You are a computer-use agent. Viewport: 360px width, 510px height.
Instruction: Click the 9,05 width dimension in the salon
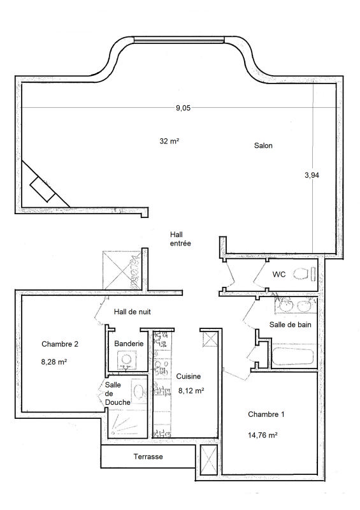183,108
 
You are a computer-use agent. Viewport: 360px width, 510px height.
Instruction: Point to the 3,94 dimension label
312,175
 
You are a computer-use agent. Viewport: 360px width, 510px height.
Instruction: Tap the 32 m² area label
169,141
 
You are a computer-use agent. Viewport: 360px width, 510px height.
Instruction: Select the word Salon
263,145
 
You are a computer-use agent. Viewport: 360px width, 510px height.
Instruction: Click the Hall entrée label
180,238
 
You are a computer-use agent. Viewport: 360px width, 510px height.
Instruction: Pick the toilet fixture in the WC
305,273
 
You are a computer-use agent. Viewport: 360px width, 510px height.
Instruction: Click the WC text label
278,274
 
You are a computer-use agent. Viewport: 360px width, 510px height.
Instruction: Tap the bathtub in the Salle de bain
292,356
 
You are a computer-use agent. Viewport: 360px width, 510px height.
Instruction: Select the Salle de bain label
290,324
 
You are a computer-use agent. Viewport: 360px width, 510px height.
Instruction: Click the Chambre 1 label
266,414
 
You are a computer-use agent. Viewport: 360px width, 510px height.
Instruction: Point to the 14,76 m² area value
263,435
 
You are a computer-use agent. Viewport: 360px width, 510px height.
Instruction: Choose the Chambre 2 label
60,344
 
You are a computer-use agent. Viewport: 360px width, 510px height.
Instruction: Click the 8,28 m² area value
54,361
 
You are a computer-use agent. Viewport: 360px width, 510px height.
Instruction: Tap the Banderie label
129,343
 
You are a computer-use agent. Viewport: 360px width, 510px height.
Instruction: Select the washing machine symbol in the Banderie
126,360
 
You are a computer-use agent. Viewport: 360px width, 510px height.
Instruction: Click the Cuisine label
189,376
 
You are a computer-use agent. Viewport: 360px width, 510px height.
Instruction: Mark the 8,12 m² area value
191,391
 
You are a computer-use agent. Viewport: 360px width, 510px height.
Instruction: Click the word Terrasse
148,456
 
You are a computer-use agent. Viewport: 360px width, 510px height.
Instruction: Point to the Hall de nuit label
133,312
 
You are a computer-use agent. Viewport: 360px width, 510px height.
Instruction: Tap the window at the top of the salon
179,40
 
